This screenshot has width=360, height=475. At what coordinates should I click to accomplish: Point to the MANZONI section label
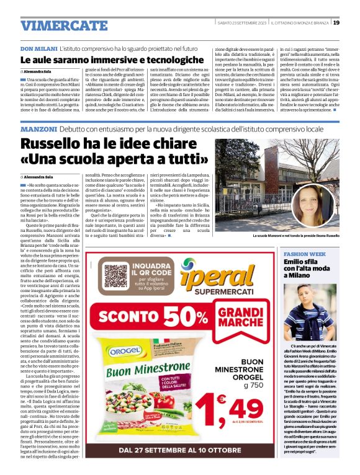coord(39,129)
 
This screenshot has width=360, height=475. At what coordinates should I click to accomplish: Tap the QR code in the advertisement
coord(116,276)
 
